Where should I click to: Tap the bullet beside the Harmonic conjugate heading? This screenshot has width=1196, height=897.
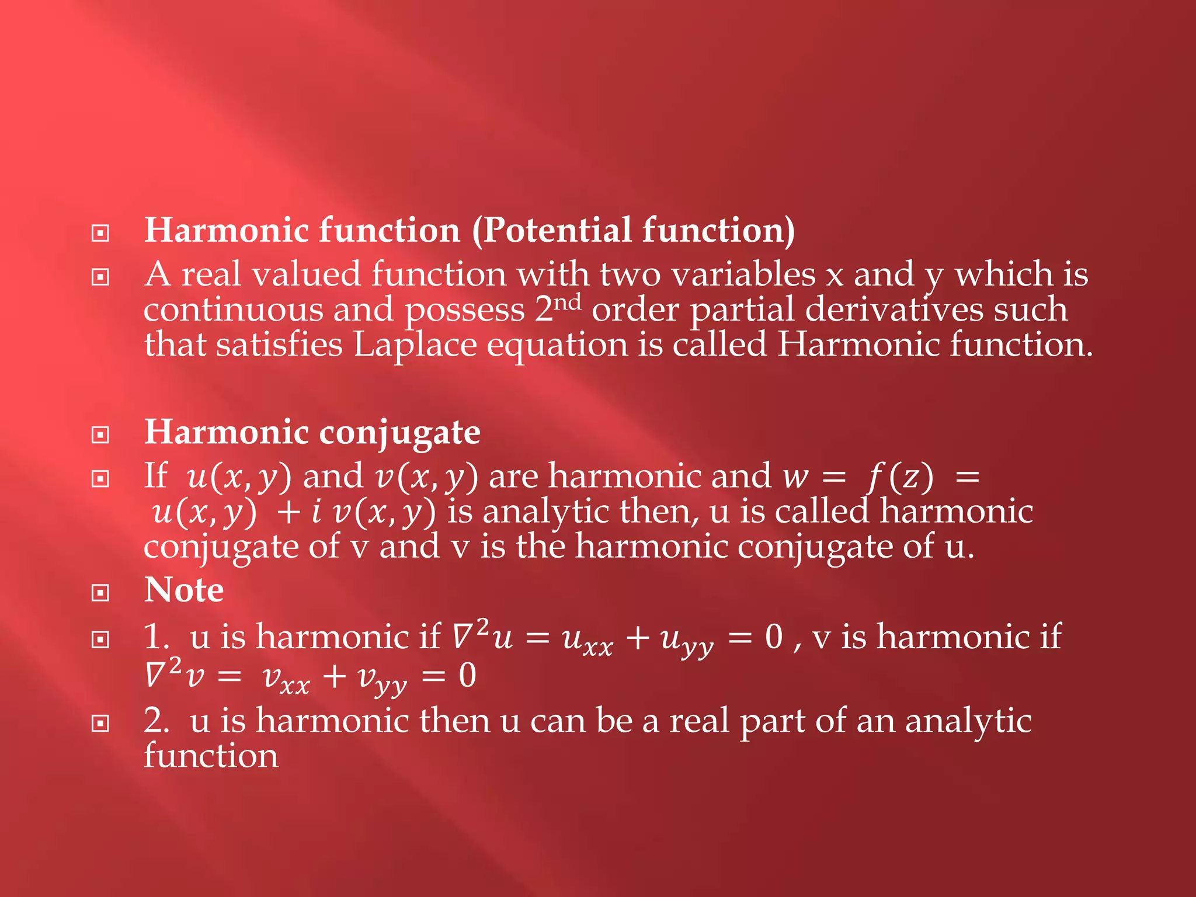coord(100,435)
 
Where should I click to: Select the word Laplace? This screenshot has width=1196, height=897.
coord(415,345)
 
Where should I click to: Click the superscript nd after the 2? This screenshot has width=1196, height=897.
coord(567,303)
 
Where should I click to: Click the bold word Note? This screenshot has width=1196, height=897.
coord(184,590)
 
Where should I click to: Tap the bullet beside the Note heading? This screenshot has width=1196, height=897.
coord(100,593)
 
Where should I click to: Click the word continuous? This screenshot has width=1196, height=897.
coord(233,309)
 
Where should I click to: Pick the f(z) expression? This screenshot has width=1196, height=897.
coord(900,477)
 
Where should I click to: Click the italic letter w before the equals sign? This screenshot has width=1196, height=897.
coord(795,477)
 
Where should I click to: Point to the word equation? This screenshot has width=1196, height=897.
coord(557,345)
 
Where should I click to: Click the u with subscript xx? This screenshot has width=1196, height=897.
coord(587,639)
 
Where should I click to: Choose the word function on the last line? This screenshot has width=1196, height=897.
coord(211,756)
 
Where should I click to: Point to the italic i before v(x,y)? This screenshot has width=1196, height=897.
coord(316,512)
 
